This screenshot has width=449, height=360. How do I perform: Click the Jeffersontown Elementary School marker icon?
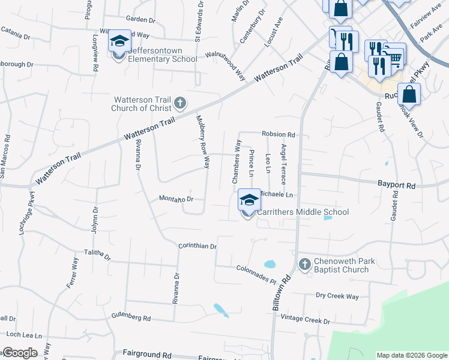tap(119, 42)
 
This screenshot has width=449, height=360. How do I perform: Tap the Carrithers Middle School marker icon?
tap(249, 200)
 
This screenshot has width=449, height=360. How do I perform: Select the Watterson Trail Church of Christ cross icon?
tap(179, 104)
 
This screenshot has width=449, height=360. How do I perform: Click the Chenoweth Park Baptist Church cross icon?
tap(304, 264)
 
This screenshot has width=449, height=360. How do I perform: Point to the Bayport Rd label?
tap(396, 186)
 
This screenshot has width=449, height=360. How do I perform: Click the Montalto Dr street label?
tap(176, 199)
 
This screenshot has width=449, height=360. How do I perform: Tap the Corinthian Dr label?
tap(197, 246)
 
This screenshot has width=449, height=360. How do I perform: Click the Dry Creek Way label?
tap(337, 296)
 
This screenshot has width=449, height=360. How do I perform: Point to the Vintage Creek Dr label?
tap(306, 320)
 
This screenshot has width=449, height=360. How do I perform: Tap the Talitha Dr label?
tap(98, 256)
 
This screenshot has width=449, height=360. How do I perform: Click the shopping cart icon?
tap(394, 58)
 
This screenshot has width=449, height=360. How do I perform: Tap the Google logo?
tap(20, 353)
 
